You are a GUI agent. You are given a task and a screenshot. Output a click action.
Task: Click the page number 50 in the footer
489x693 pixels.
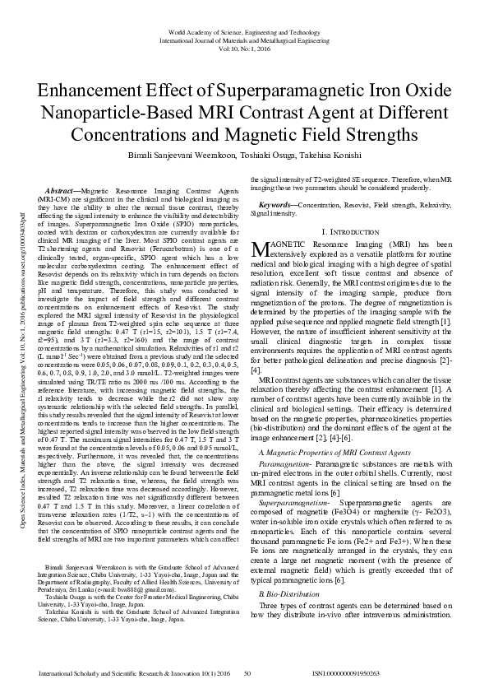pos(247,673)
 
